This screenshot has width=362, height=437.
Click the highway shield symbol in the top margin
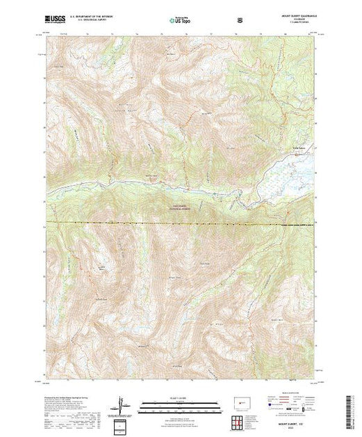pos(240,19)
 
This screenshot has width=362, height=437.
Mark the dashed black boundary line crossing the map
pos(174,223)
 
